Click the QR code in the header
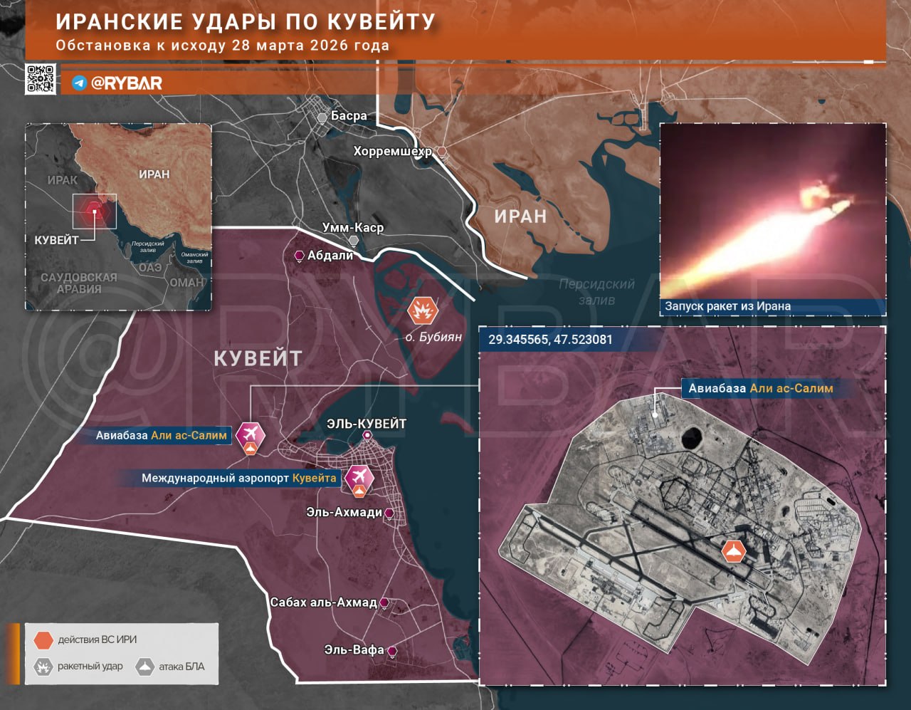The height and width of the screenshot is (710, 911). [41, 79]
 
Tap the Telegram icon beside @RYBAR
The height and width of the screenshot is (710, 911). [80, 83]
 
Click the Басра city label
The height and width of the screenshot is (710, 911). [349, 115]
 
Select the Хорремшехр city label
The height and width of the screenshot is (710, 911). [392, 151]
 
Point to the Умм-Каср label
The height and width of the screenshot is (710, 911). [353, 227]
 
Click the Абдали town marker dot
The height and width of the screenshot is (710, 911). [300, 256]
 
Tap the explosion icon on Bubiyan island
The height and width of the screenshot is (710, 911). [422, 310]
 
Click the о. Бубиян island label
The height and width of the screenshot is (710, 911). [433, 337]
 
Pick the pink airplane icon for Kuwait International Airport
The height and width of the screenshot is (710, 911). [359, 476]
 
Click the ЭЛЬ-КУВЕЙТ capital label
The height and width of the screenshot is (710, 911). [367, 424]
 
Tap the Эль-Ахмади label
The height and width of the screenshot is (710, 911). [344, 512]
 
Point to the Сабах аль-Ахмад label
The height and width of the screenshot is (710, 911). [323, 602]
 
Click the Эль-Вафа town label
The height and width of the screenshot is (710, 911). [354, 649]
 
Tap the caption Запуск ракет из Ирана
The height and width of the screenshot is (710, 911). [727, 306]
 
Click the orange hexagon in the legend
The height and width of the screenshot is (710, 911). [43, 639]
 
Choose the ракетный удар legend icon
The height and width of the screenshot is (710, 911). [43, 667]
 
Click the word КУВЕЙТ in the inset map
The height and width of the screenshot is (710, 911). [56, 240]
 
